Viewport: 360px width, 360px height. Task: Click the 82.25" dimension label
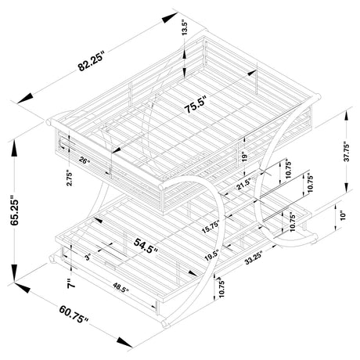pos(91,61)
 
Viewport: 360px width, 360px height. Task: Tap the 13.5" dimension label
pos(185,27)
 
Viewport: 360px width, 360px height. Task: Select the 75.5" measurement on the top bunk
pos(196,105)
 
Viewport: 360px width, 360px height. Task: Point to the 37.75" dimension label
pos(347,152)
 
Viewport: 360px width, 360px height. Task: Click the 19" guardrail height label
pos(244,157)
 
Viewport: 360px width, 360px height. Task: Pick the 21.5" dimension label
pos(244,184)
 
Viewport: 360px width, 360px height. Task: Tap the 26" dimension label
pos(85,160)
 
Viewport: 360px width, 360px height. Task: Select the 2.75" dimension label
pos(69,178)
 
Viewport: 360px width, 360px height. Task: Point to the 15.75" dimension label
pos(211,227)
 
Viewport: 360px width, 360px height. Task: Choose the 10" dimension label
pos(343,215)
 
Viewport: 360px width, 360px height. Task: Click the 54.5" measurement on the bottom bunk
pos(146,246)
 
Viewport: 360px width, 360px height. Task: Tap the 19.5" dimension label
pos(211,255)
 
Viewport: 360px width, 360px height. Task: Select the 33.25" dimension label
pos(254,258)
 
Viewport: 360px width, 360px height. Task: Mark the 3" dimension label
pos(88,257)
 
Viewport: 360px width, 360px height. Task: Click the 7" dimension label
pos(70,283)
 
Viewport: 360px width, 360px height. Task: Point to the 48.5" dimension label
pos(121,288)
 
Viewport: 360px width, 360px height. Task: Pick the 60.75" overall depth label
pos(74,315)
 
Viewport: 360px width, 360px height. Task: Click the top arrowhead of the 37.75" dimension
pos(346,115)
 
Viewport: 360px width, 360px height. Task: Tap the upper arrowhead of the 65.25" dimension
pos(15,149)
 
